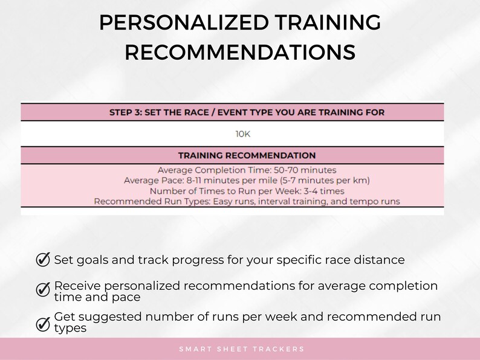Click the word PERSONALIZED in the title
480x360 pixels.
click(183, 23)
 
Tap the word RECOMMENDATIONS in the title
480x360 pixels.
click(240, 53)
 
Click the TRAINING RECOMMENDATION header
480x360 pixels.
click(247, 155)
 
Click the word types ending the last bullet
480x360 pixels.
click(71, 328)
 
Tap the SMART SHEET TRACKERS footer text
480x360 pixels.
click(242, 349)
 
